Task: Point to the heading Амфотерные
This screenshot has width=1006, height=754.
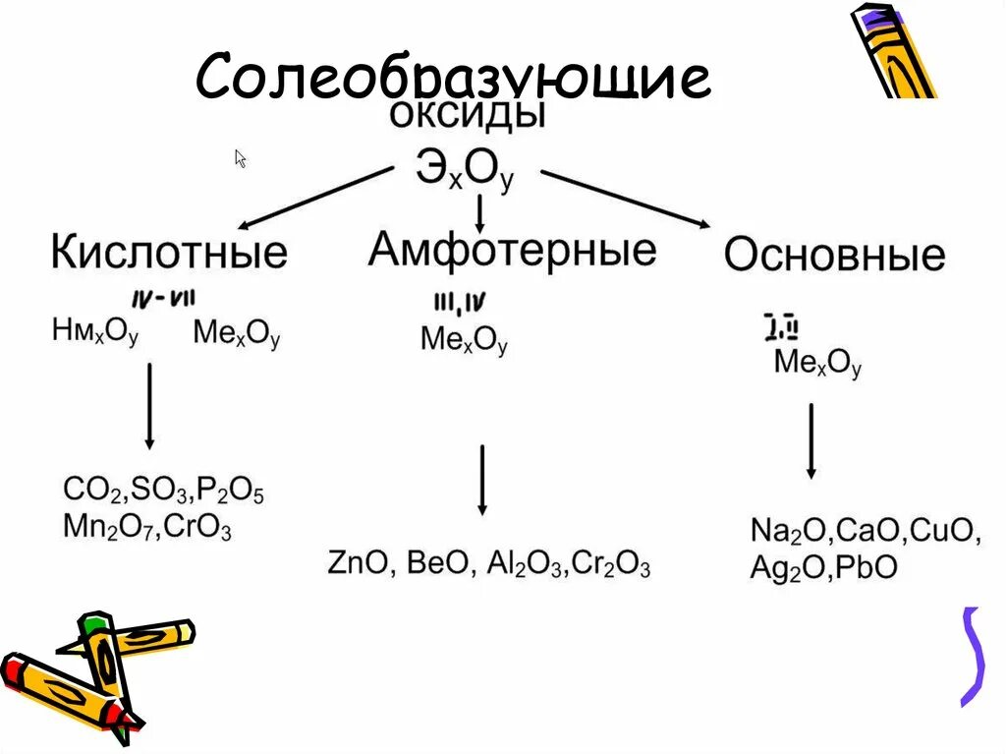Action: [x=512, y=249]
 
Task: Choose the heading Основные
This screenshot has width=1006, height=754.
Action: [x=834, y=255]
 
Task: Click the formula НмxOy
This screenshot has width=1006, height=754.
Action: [x=95, y=332]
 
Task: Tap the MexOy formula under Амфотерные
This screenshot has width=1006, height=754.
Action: [x=464, y=340]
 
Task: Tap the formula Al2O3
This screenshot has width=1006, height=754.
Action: [x=521, y=565]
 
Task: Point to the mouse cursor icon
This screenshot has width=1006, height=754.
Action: [x=240, y=158]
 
